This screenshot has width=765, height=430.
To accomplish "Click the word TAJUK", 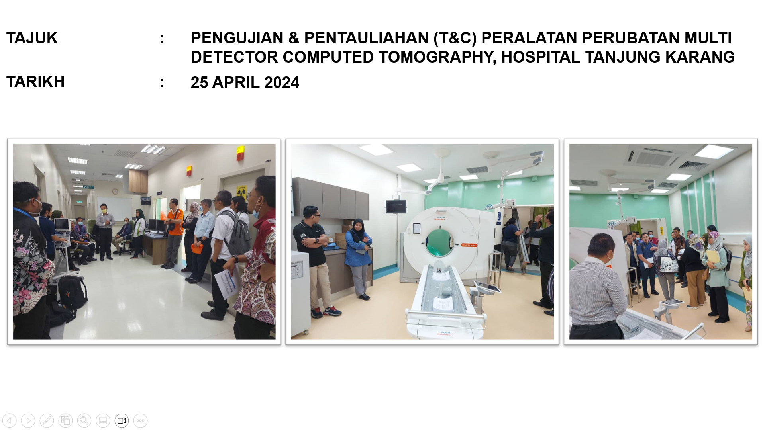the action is coord(32,38).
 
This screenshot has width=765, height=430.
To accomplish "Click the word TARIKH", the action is coord(35,82).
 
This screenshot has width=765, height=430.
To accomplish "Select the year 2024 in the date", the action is coord(282,83).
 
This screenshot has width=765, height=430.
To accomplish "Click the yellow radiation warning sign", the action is coord(241,192).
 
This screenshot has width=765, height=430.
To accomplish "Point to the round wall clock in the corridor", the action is coord(115,192).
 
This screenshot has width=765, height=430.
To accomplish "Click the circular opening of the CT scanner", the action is coord(439,242).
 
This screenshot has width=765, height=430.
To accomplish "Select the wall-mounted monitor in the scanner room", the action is coord(396,207).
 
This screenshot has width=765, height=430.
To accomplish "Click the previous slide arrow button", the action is coord(10,420).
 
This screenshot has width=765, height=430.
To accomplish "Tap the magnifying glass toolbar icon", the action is coord(84,420).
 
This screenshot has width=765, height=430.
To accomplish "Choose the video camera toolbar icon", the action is coord(122,420).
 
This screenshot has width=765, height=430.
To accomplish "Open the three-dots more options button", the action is coord(140,420).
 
